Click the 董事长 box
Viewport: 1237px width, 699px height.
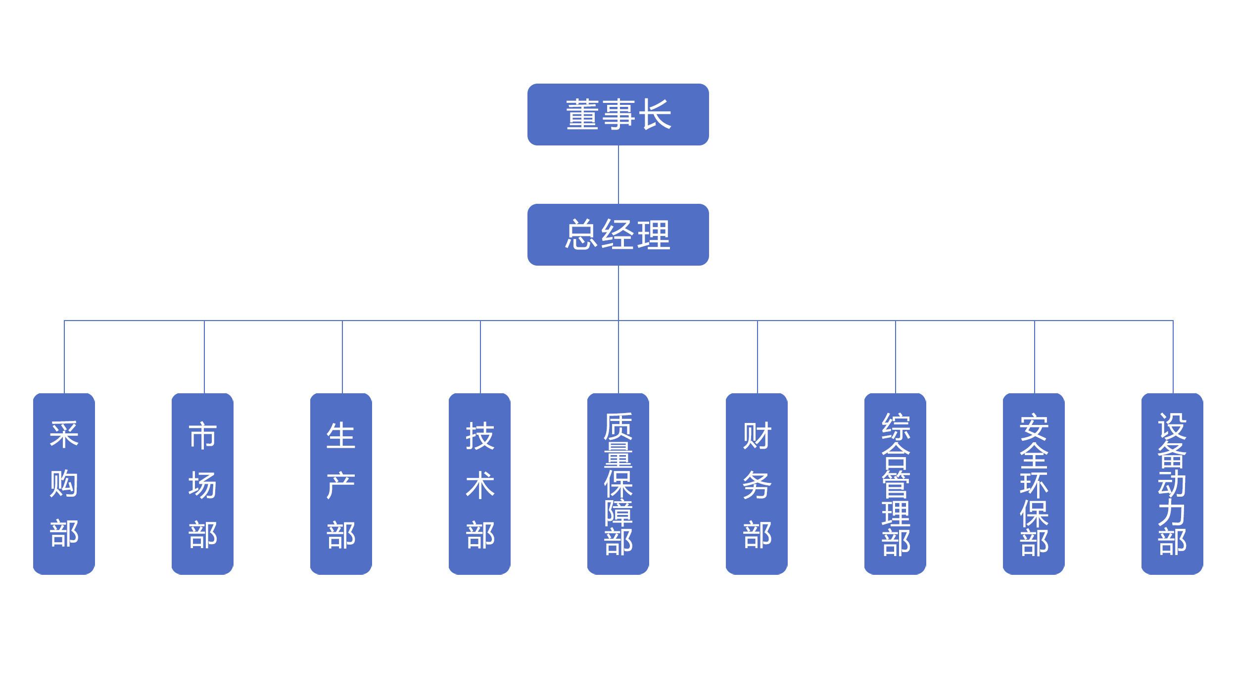618,114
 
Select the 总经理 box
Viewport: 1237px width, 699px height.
618,234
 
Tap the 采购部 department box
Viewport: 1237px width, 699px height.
64,484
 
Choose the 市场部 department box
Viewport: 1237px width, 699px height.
202,484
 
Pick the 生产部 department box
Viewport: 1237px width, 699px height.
341,484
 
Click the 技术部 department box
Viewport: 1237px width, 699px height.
479,484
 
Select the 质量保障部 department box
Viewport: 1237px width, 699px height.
618,484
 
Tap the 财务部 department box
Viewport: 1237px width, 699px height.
757,484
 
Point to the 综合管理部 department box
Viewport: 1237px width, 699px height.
895,484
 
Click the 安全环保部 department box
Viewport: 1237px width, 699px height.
1034,484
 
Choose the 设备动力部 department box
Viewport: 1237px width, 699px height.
1172,484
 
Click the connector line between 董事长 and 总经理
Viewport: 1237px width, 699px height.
618,175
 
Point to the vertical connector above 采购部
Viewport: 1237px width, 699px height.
64,357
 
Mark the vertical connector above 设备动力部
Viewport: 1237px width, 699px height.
1173,357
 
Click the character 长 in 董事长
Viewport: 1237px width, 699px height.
655,114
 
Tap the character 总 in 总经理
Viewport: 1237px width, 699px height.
581,234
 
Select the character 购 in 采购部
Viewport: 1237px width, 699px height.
64,483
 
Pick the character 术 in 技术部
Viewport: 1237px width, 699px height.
480,485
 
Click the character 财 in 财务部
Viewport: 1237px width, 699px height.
757,436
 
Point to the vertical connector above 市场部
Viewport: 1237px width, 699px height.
204,357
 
